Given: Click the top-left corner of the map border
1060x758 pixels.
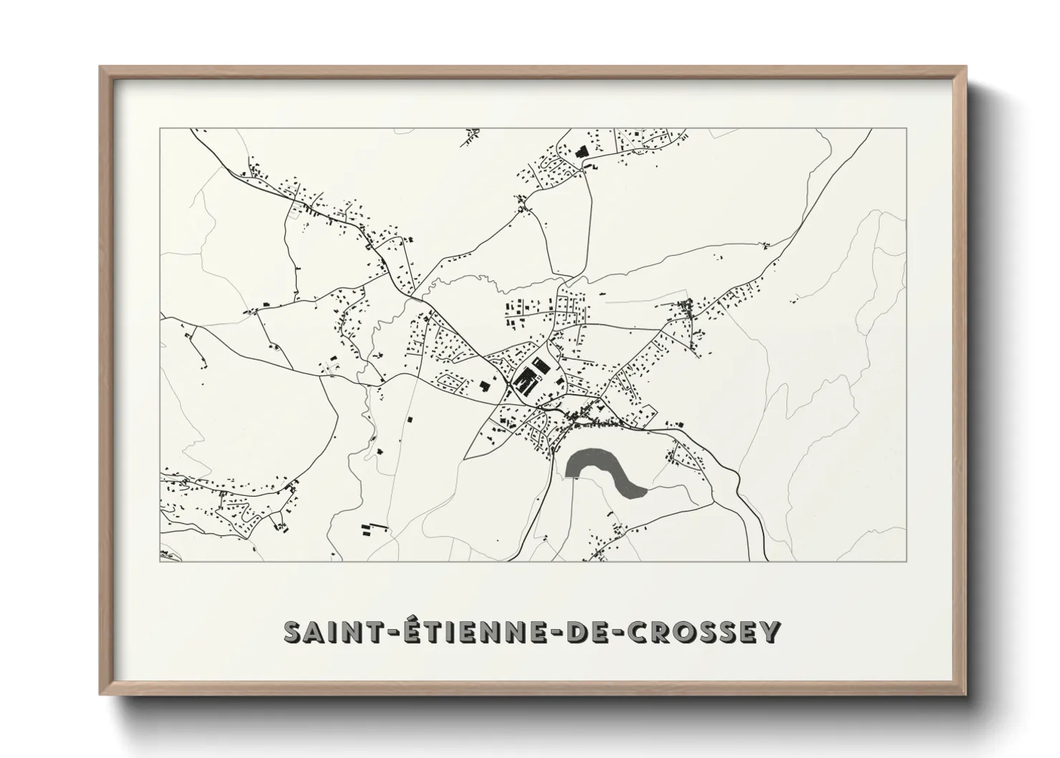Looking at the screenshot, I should pos(160,129).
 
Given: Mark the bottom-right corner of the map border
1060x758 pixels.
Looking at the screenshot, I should pos(906,561).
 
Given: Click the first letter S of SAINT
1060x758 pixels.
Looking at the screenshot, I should pos(294,632).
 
